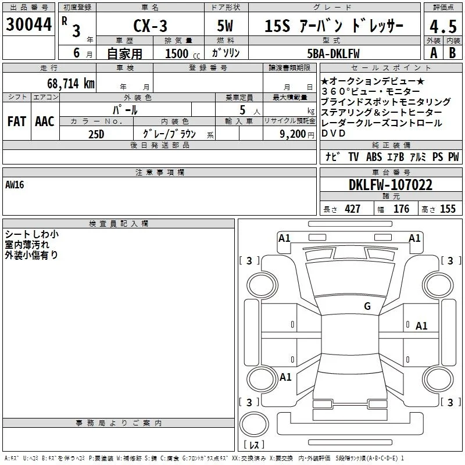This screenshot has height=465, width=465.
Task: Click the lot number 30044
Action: (x=28, y=24)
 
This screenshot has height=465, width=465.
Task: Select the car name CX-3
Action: (x=150, y=26)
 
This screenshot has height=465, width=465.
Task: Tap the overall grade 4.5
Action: (x=443, y=26)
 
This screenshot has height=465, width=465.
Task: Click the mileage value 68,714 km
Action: (x=71, y=84)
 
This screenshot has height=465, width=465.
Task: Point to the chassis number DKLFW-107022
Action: (x=391, y=185)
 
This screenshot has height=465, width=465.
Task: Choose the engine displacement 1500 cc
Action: (x=183, y=53)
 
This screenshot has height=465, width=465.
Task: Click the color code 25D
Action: (x=96, y=134)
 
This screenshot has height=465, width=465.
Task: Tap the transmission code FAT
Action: (x=17, y=121)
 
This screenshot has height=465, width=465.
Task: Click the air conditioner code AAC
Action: (x=45, y=121)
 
